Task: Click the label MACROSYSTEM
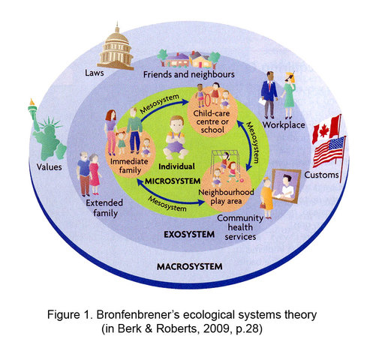click(x=191, y=266)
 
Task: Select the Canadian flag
click(x=326, y=130)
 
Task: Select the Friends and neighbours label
click(x=189, y=76)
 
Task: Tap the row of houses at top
click(x=187, y=58)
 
